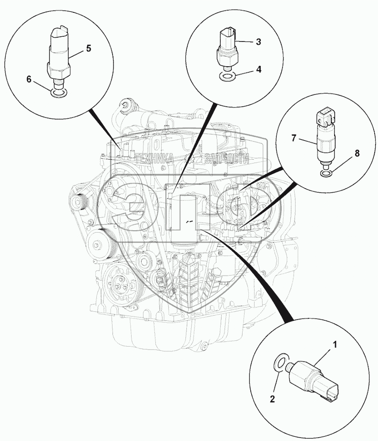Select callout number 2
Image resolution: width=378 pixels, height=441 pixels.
click(x=272, y=400)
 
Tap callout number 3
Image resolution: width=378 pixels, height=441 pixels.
click(x=258, y=42)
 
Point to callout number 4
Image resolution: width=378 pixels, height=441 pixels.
click(x=258, y=69)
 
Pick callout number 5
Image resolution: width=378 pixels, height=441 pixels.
click(x=88, y=48)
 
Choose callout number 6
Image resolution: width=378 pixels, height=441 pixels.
click(x=29, y=80)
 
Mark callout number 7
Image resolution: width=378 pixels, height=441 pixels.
click(x=294, y=138)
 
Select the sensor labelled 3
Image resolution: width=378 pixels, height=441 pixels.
click(x=226, y=48)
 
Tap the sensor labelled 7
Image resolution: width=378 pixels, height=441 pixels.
click(x=324, y=138)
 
